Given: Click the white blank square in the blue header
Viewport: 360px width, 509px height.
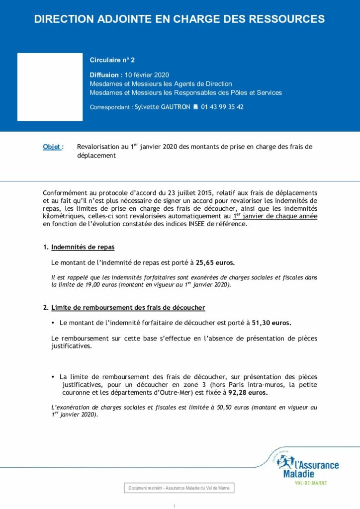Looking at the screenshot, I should click(50, 86).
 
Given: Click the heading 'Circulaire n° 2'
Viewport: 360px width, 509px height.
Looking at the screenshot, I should click(112, 60).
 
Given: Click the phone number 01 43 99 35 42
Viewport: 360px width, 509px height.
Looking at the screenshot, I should click(222, 107).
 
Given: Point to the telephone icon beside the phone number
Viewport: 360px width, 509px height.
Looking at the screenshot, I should click(195, 107).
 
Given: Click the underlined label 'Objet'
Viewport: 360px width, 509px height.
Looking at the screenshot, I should click(52, 147).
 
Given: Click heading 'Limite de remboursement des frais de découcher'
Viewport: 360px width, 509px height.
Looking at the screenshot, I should click(128, 308).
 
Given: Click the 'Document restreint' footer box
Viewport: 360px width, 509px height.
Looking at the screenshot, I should click(179, 488).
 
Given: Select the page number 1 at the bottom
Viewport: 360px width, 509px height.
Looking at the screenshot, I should click(175, 506).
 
